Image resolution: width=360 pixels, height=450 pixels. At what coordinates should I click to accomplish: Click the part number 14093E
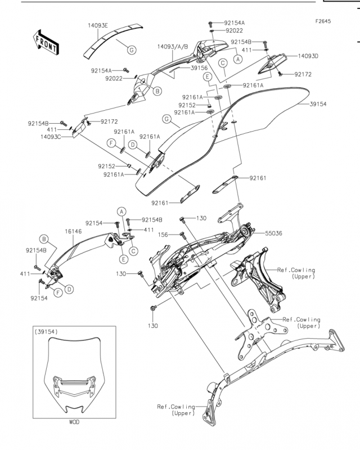pos(98,25)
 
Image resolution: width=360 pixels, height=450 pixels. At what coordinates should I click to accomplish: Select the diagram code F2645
pos(323,21)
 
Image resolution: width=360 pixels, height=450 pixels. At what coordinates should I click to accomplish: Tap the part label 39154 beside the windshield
pos(318,104)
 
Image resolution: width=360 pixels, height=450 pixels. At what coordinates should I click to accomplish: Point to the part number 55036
pos(273,233)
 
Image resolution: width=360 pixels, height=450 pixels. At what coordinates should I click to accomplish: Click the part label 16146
pos(73,231)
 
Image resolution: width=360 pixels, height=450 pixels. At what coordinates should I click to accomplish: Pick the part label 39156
pos(199,68)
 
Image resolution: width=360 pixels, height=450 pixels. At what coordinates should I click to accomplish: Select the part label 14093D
pos(308,56)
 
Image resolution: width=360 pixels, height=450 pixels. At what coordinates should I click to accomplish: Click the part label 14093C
pos(51,137)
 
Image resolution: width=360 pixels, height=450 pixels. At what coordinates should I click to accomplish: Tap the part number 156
pos(163,235)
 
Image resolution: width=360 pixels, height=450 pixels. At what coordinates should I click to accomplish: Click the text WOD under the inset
pos(74,422)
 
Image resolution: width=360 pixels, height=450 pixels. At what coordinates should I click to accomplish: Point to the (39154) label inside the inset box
pos(46,332)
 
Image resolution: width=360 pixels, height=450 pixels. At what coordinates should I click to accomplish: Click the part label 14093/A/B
pos(173,47)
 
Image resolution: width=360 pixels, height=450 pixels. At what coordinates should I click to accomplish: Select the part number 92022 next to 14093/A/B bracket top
pos(234,30)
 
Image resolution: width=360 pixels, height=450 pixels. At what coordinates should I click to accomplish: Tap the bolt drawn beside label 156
pos(182,235)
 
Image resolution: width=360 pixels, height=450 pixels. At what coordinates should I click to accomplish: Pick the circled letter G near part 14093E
pos(132,50)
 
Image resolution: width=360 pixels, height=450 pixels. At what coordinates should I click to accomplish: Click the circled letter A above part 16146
pos(121,212)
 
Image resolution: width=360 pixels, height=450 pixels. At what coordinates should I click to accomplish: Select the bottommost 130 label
pos(153,326)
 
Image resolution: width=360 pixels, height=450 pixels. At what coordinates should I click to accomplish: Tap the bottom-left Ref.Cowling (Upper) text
pos(176,410)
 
